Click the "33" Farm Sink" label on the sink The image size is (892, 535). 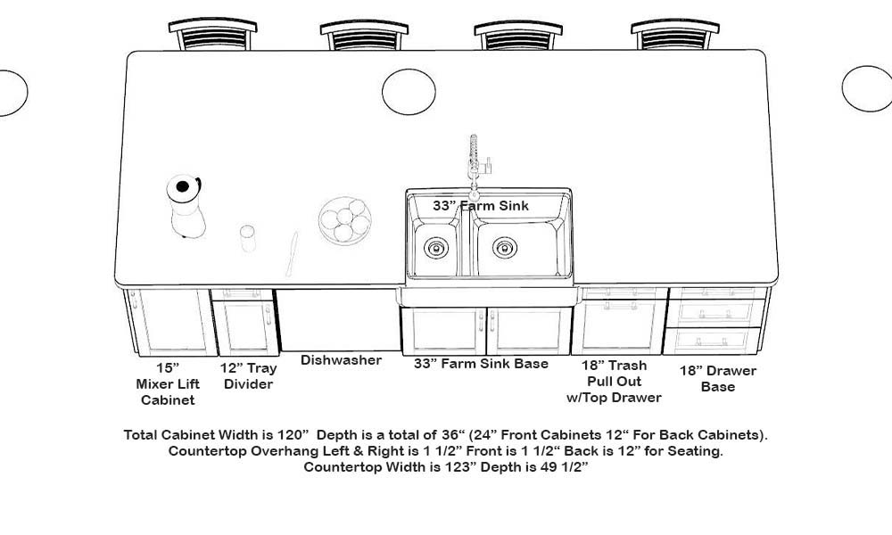(481, 206)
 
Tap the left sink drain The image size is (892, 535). (436, 246)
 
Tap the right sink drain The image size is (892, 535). (504, 245)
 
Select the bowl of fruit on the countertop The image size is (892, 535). (343, 221)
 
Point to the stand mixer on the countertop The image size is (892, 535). (185, 206)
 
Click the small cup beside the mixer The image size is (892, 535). (247, 238)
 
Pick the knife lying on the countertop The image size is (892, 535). (291, 253)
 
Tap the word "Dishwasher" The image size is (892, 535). (341, 360)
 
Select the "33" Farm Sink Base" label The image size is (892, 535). (481, 364)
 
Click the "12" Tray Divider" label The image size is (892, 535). (249, 376)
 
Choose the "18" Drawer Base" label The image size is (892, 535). (718, 379)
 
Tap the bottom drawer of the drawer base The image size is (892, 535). (717, 340)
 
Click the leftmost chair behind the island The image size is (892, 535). (212, 36)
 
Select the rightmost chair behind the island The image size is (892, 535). (674, 36)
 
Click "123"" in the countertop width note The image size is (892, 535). (434, 466)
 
